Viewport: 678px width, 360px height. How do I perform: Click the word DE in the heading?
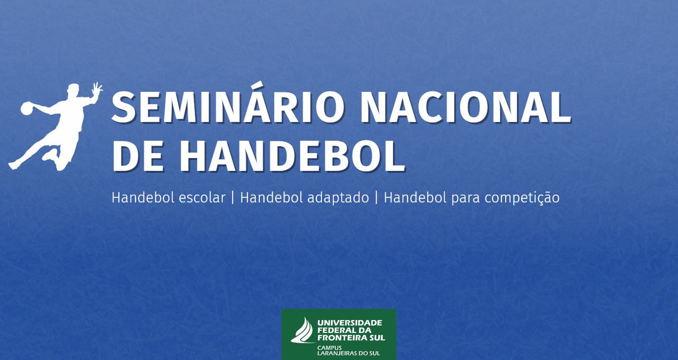pyautogui.click(x=138, y=157)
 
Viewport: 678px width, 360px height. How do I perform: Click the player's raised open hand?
pyautogui.click(x=97, y=88)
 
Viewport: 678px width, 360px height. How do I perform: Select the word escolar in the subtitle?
pyautogui.click(x=202, y=198)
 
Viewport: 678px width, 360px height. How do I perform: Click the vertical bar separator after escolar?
pyautogui.click(x=233, y=198)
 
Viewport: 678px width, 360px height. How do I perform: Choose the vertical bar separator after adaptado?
pyautogui.click(x=376, y=198)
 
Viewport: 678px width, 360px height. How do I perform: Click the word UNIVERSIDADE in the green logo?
pyautogui.click(x=350, y=323)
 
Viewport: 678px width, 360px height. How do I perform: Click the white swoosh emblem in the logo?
pyautogui.click(x=302, y=331)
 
